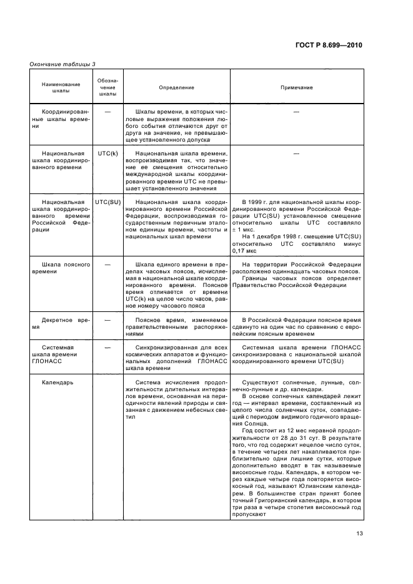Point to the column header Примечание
(x=296, y=88)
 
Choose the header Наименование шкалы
(x=60, y=88)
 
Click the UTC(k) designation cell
(x=107, y=152)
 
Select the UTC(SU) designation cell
(x=107, y=203)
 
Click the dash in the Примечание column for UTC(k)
(x=296, y=152)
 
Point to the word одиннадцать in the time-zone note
(x=294, y=273)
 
